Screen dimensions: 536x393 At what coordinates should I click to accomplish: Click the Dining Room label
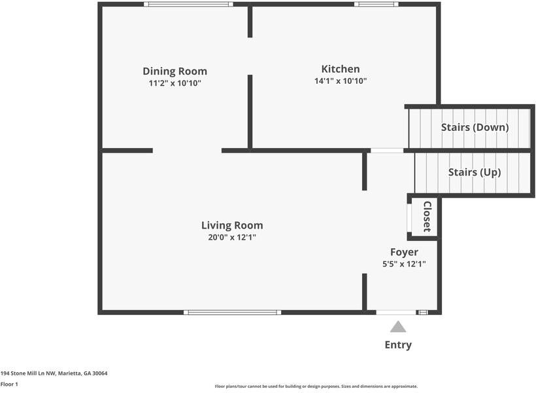pos(175,71)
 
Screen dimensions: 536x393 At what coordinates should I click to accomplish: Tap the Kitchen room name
pos(341,69)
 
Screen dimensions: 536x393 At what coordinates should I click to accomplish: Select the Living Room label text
pos(232,225)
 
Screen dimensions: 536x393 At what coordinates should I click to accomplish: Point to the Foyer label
pos(404,253)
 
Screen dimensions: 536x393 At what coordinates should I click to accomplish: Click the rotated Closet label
pos(427,217)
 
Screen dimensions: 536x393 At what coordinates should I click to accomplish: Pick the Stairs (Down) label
pos(475,128)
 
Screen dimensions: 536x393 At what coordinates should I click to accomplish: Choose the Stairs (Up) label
pos(475,172)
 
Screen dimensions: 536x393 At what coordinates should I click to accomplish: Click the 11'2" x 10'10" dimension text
pos(175,83)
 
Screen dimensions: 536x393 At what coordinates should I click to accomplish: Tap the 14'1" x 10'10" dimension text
pos(341,81)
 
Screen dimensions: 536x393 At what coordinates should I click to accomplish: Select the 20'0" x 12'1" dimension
pos(232,238)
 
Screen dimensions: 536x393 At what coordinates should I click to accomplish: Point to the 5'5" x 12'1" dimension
pos(404,264)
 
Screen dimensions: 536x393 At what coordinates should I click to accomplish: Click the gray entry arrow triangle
pos(398,327)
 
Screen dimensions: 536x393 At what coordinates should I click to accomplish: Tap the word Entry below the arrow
pos(398,345)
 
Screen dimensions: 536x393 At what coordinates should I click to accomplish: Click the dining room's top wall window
pos(188,4)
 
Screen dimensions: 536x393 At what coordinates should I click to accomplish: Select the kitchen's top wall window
pos(377,4)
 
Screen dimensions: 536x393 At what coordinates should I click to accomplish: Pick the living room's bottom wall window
pos(233,312)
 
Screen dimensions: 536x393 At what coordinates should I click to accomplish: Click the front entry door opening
pos(396,312)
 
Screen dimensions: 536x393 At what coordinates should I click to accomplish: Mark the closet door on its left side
pos(409,218)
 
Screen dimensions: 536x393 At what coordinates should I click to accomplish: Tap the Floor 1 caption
pos(9,384)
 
